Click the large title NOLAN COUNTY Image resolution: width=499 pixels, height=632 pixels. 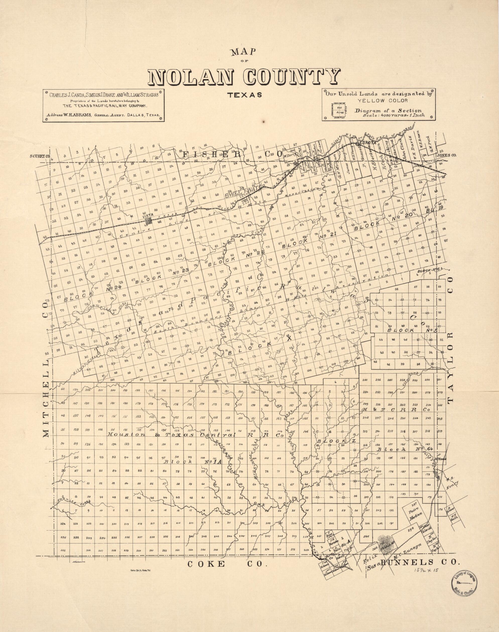pos(244,77)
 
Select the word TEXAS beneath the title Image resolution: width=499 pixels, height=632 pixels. pos(244,95)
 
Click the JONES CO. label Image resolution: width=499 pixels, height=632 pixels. pos(446,156)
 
